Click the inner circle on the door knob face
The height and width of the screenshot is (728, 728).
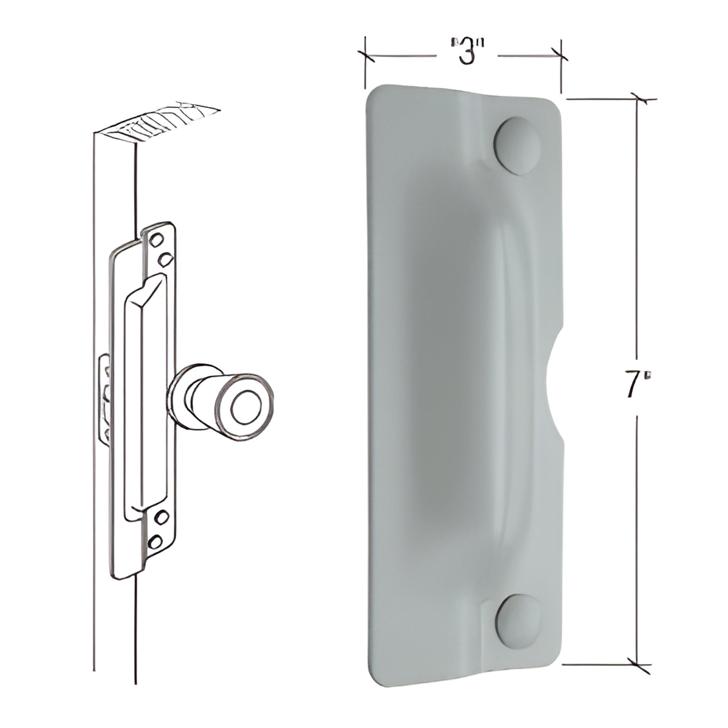tap(245, 409)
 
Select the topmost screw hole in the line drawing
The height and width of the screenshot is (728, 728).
tap(157, 239)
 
